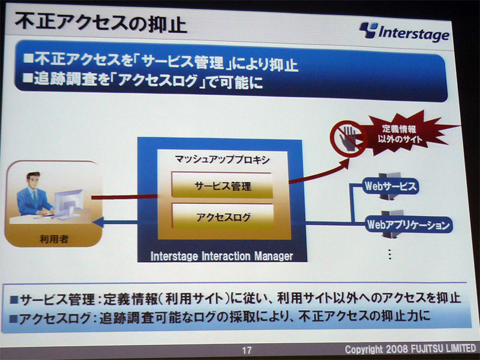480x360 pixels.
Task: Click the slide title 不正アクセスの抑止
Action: coord(100,23)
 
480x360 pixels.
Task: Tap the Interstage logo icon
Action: coord(368,30)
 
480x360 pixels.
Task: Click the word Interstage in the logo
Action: coord(414,33)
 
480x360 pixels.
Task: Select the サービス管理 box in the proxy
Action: coord(222,185)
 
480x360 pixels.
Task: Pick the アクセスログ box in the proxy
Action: coord(223,217)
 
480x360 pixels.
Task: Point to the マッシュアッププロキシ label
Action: coord(222,160)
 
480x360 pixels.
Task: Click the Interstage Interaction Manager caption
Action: coord(221,256)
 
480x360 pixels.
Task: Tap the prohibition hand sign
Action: coord(348,139)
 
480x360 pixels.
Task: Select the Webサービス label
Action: coord(391,186)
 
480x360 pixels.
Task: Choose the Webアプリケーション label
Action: coord(409,225)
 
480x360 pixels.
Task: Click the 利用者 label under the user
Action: coord(54,239)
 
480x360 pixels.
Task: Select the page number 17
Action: coord(247,350)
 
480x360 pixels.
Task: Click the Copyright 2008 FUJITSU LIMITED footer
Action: coord(410,349)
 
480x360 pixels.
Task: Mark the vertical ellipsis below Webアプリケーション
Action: coord(389,254)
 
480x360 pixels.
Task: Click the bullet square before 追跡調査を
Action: coord(28,79)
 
